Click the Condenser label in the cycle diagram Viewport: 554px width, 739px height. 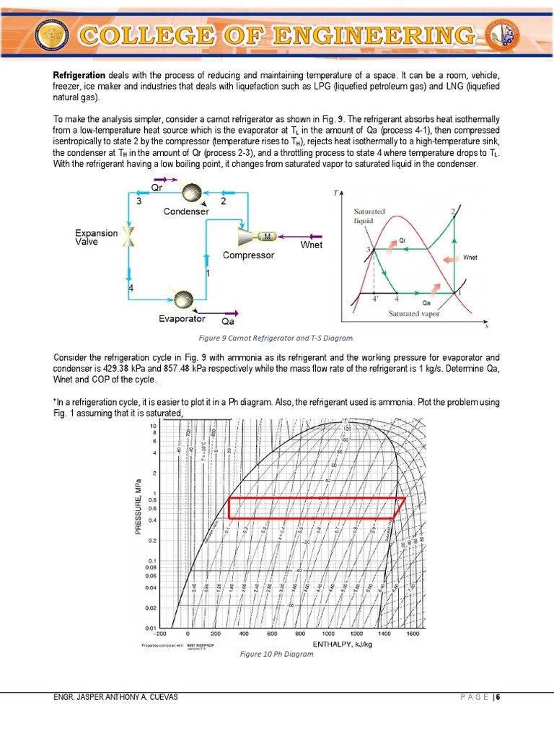point(186,211)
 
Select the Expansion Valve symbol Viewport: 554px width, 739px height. point(131,236)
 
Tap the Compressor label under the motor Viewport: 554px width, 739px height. point(248,255)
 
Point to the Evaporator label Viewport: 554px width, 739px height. point(182,318)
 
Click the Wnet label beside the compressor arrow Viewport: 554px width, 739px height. point(312,245)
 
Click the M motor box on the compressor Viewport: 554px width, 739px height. point(267,236)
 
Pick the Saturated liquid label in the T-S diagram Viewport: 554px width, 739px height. point(369,215)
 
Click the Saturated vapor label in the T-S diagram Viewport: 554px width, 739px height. point(413,313)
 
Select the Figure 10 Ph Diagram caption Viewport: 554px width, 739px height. point(277,654)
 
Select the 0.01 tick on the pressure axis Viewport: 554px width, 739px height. point(152,627)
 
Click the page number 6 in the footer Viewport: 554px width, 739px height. point(498,697)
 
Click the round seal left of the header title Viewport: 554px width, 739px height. point(58,37)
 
